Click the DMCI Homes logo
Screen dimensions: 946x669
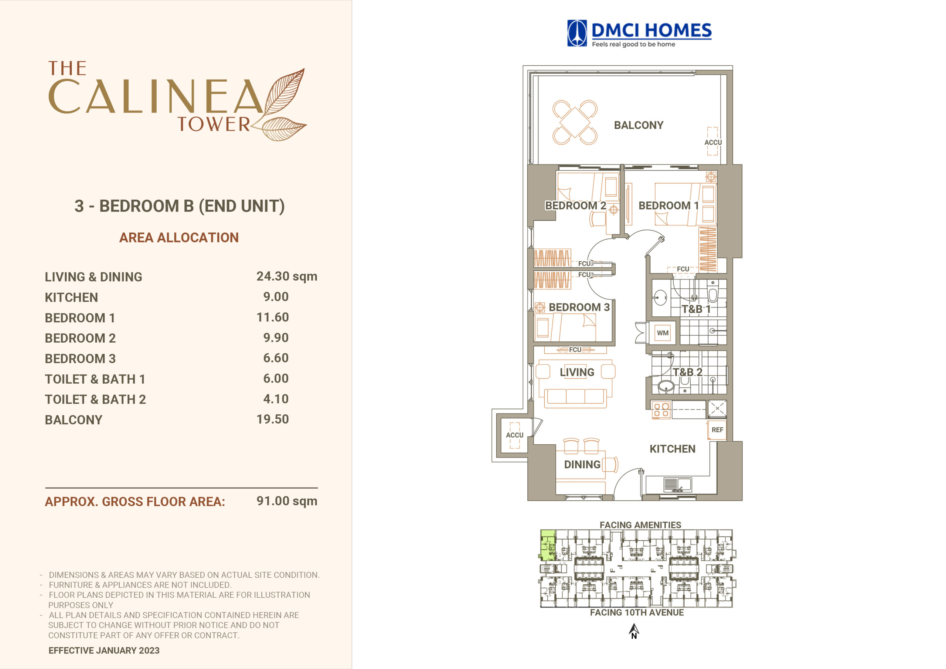click(x=639, y=33)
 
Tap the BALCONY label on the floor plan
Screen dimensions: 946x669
click(x=639, y=125)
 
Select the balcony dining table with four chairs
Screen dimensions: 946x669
click(x=575, y=122)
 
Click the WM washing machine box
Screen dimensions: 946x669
click(x=663, y=333)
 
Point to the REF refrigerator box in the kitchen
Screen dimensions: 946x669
click(x=717, y=430)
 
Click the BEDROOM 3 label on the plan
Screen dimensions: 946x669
click(x=579, y=307)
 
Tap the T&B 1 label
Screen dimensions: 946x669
click(x=696, y=309)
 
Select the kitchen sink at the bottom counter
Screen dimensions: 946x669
click(x=677, y=484)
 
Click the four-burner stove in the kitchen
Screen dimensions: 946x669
click(x=661, y=410)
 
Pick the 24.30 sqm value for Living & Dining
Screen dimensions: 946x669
click(x=287, y=276)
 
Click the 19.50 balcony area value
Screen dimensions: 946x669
click(x=272, y=419)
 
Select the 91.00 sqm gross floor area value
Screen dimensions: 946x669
click(x=287, y=501)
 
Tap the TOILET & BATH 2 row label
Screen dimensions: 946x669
click(x=95, y=400)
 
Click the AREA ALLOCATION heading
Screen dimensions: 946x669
click(x=179, y=237)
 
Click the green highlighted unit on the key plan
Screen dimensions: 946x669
click(x=548, y=545)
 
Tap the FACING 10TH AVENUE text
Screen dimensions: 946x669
click(x=637, y=612)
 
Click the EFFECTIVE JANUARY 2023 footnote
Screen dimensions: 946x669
click(x=104, y=651)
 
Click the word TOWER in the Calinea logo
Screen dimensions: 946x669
click(x=214, y=124)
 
